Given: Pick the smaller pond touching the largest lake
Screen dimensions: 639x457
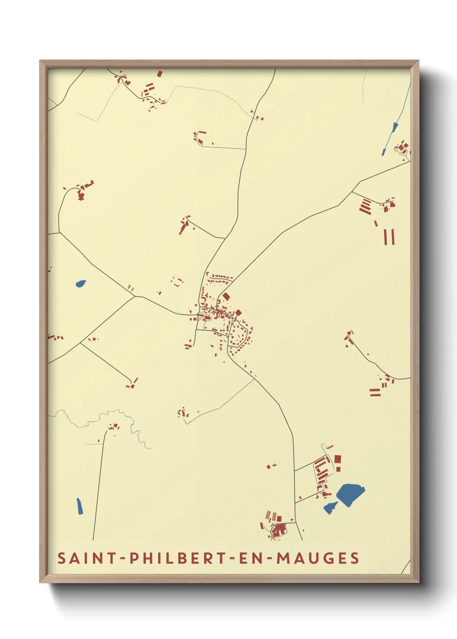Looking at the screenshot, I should (330, 508).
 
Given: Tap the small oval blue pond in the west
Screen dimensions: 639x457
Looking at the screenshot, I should (80, 284).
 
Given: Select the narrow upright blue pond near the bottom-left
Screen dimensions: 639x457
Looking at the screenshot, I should (79, 506).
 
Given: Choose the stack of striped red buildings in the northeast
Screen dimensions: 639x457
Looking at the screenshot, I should (365, 206).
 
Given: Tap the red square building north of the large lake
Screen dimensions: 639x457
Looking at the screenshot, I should (338, 459).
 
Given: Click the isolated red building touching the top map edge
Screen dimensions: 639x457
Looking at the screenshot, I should (160, 74).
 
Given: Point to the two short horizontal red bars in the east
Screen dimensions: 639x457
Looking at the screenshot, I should (374, 392).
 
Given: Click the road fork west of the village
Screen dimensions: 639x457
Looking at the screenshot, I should (135, 296).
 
